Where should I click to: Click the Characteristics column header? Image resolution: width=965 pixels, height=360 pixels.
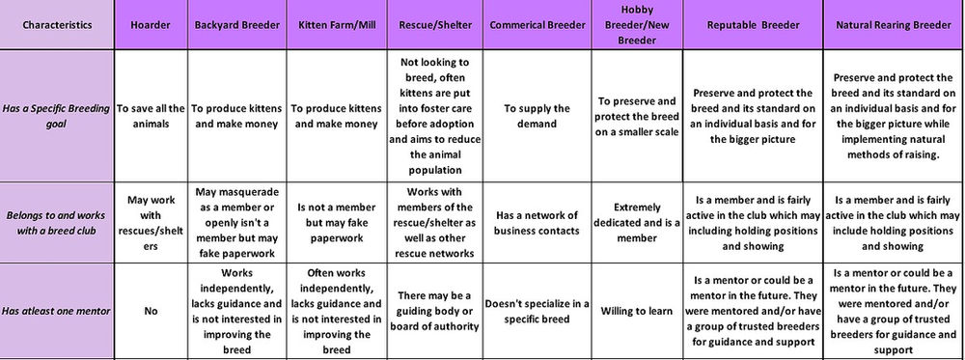[59, 24]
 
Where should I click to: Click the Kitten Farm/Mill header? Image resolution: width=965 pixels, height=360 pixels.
[335, 24]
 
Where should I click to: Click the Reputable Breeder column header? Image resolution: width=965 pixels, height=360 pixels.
[754, 24]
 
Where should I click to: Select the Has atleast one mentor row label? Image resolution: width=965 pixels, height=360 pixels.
[58, 311]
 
